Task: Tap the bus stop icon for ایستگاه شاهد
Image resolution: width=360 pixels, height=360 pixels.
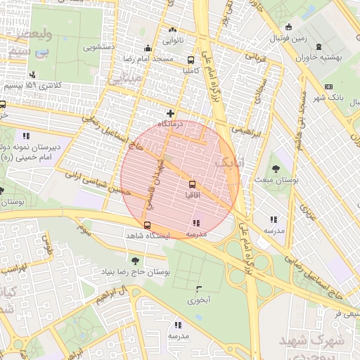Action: tap(146, 225)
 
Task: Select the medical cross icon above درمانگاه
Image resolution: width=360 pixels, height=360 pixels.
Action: tap(170, 112)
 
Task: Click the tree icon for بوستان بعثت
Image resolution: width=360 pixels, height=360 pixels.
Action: tap(275, 168)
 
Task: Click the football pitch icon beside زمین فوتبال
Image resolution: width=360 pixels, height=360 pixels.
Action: tap(288, 27)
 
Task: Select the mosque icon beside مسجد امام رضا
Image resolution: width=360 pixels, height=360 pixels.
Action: tap(148, 49)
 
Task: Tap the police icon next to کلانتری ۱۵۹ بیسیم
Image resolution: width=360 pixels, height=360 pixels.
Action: tap(32, 75)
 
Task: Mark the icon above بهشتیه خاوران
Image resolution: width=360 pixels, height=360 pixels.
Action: tap(319, 47)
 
